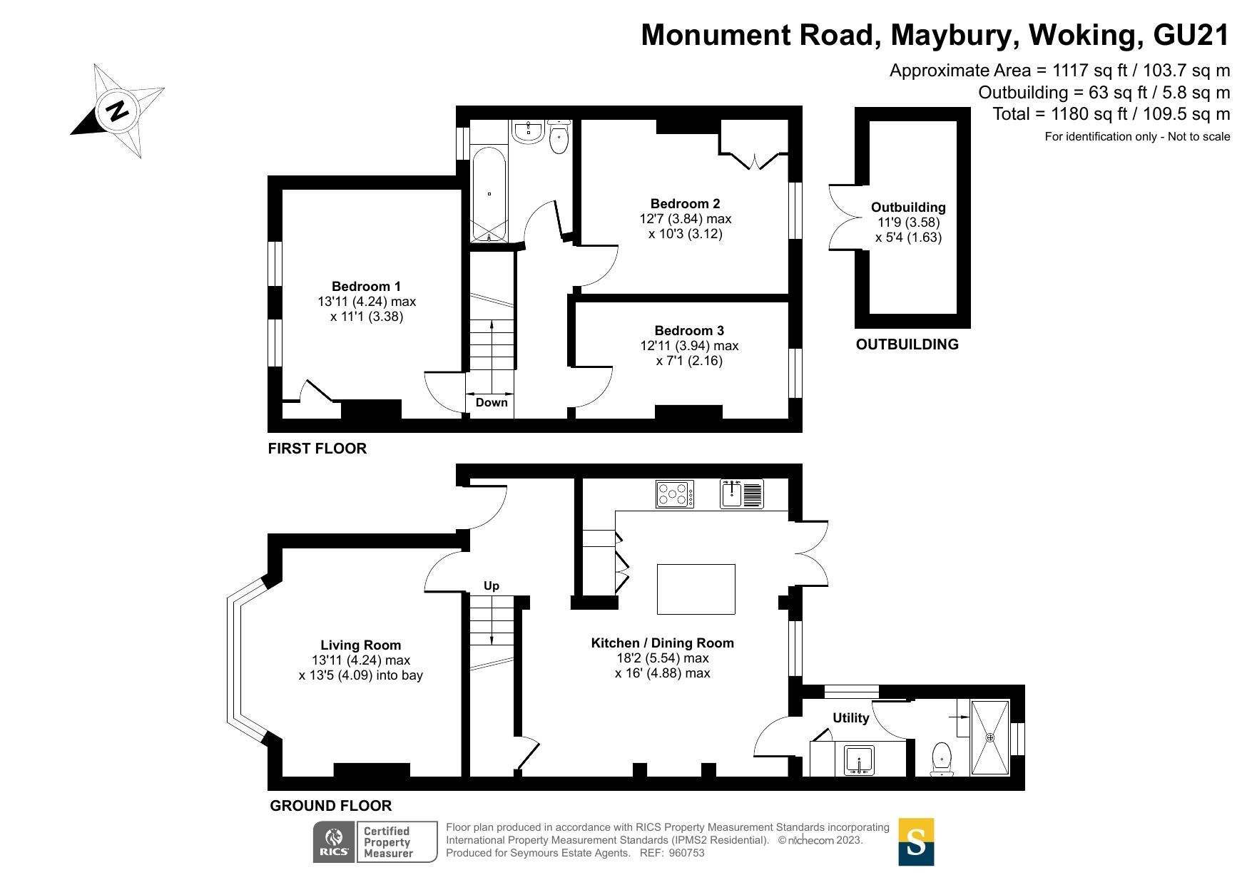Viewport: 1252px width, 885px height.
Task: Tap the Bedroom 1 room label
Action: [366, 287]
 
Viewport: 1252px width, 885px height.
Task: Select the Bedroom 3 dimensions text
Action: [689, 353]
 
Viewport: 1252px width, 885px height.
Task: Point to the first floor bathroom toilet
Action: [559, 138]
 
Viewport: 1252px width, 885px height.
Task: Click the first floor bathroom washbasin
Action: [528, 131]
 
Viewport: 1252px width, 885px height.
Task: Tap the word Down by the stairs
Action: [492, 402]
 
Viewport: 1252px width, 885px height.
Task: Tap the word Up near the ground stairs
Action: [492, 585]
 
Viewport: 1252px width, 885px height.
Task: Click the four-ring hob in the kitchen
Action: [675, 494]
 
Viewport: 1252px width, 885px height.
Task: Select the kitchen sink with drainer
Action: [741, 493]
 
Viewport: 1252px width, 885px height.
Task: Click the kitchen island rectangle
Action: [696, 589]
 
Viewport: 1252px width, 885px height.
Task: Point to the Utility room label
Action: [850, 718]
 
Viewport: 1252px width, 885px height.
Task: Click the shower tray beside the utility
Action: [990, 737]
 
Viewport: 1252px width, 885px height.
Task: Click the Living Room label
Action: [360, 645]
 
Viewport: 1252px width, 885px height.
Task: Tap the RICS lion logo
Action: [334, 841]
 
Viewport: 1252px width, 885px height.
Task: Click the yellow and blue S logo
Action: [915, 841]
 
